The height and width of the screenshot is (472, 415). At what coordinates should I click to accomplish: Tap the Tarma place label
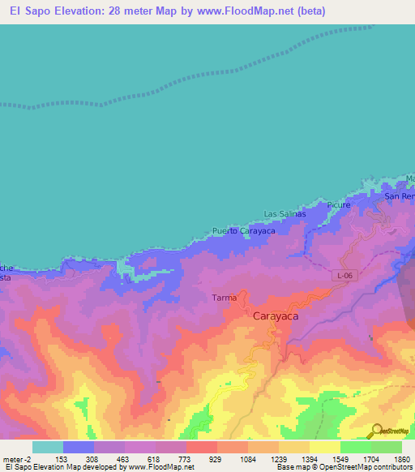[x=225, y=298]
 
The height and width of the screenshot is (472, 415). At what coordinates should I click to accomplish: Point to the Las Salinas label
[x=285, y=214]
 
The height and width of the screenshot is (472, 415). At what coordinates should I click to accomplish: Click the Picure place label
[x=339, y=205]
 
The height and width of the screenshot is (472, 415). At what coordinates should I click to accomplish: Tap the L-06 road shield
[x=344, y=276]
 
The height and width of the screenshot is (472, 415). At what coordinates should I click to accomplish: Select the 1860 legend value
[x=402, y=458]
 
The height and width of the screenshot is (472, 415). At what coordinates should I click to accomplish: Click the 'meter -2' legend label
[x=17, y=458]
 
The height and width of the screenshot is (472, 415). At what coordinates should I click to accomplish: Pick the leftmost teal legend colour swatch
[x=47, y=447]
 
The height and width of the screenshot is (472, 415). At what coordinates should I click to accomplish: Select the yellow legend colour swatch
[x=324, y=447]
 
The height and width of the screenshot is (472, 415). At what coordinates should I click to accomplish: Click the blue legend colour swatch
[x=78, y=447]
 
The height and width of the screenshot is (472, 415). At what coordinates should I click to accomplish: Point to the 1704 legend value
[x=371, y=458]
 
